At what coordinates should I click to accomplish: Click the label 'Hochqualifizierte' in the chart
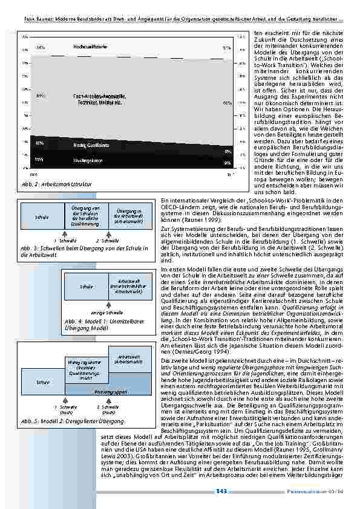click(91, 46)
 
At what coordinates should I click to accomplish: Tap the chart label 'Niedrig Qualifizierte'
click(91, 146)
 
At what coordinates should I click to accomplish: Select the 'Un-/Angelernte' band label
click(88, 161)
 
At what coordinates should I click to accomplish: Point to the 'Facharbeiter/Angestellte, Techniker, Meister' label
click(99, 100)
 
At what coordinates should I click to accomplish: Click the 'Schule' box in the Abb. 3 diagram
click(42, 217)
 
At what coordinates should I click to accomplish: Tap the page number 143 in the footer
click(221, 492)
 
